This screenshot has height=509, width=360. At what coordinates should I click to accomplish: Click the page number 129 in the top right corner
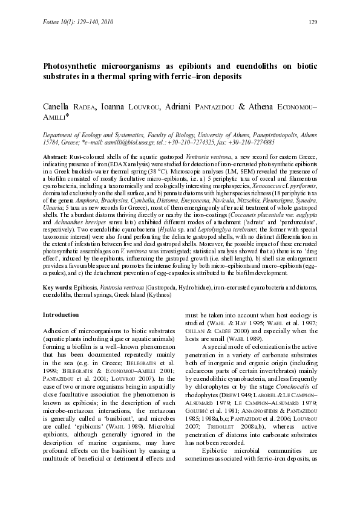[x=313, y=23]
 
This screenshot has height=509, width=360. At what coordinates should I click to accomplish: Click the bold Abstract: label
[x=55, y=157]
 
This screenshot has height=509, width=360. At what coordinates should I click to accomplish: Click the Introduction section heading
[x=61, y=315]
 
